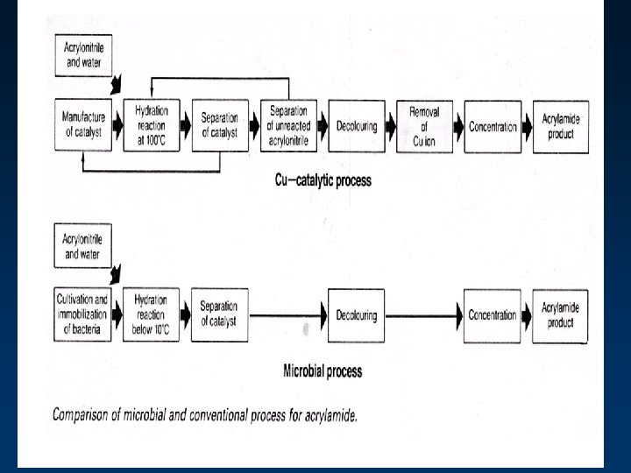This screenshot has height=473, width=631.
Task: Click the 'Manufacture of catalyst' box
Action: [x=82, y=125]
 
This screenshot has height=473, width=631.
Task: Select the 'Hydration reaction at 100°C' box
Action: [x=151, y=125]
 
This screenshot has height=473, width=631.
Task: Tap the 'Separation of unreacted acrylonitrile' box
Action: [x=288, y=125]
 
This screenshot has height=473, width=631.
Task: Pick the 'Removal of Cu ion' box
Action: [x=423, y=125]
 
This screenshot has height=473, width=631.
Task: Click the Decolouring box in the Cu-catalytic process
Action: [x=356, y=126]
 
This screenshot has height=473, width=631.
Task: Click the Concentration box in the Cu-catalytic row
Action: [x=493, y=126]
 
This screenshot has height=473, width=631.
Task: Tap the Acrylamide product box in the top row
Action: [x=560, y=126]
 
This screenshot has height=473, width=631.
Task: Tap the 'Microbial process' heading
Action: [x=322, y=371]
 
